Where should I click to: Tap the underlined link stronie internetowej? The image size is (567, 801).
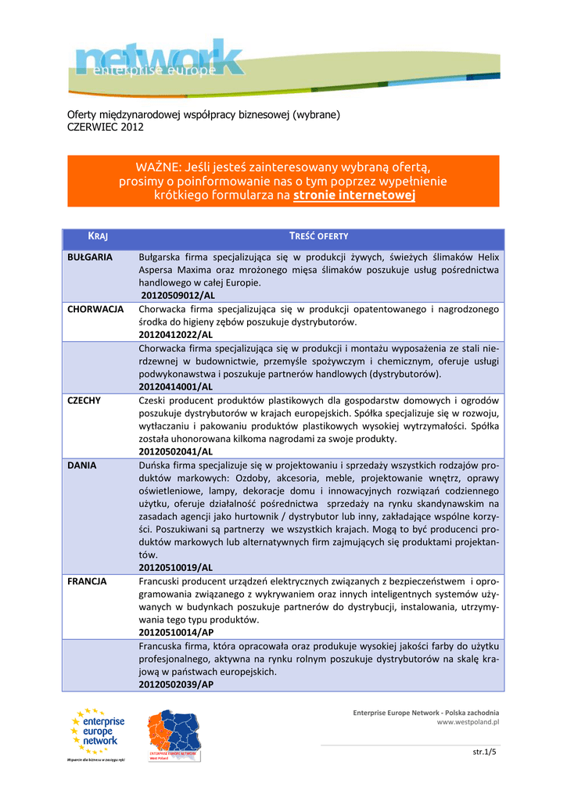click(x=353, y=195)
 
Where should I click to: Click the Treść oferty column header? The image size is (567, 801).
click(x=318, y=236)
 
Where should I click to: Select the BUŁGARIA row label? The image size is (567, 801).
click(x=90, y=257)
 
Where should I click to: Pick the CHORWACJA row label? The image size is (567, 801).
click(x=95, y=309)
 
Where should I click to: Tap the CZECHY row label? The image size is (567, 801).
click(x=84, y=400)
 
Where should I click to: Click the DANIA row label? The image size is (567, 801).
click(x=82, y=465)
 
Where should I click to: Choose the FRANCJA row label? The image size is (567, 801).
click(x=87, y=581)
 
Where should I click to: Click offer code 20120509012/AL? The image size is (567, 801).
click(x=178, y=296)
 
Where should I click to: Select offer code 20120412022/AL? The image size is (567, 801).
click(x=176, y=335)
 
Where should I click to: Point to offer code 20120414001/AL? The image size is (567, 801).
click(x=176, y=386)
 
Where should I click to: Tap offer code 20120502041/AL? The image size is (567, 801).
click(x=176, y=451)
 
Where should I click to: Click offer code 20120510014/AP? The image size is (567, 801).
click(x=176, y=632)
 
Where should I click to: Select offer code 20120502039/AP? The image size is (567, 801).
click(x=176, y=684)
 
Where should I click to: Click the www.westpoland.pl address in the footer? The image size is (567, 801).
click(x=468, y=722)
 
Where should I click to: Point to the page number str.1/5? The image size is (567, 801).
click(x=485, y=753)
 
